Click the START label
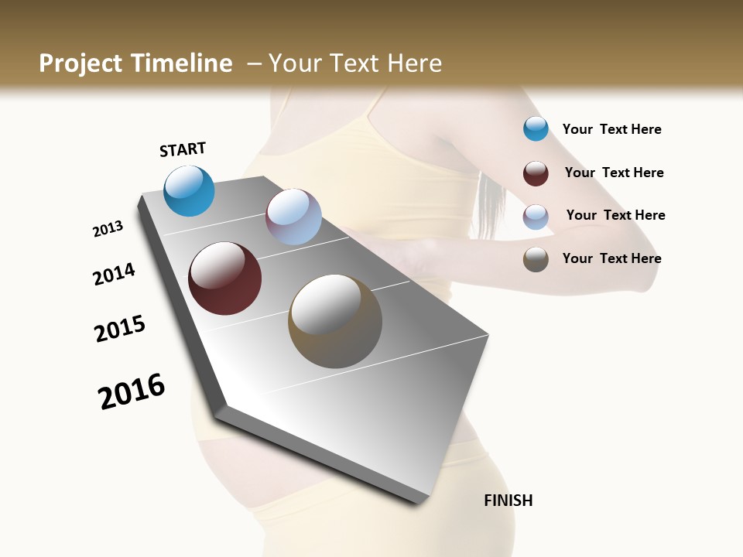click(x=183, y=149)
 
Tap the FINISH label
click(x=508, y=501)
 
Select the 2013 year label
click(x=108, y=229)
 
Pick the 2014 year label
click(x=114, y=274)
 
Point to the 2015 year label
click(x=120, y=329)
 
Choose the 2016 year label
click(x=132, y=391)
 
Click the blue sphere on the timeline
click(x=189, y=190)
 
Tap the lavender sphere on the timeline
click(x=293, y=217)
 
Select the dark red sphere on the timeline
click(x=225, y=278)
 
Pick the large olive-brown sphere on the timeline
click(x=335, y=321)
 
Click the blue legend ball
click(x=536, y=128)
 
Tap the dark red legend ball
click(x=536, y=173)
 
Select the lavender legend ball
click(x=536, y=216)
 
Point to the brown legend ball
click(x=536, y=259)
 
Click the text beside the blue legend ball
click(x=611, y=129)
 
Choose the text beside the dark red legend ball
click(x=614, y=173)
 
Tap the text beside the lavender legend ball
click(x=615, y=215)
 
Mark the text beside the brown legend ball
click(x=611, y=258)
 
